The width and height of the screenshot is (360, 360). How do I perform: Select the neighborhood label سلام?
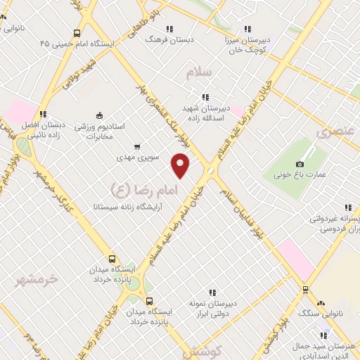[x=200, y=72]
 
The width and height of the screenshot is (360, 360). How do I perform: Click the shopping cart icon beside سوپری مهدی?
[x=136, y=148]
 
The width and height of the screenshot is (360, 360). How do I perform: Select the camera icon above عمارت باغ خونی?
[x=300, y=164]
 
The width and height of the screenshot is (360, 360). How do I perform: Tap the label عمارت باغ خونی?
[x=300, y=174]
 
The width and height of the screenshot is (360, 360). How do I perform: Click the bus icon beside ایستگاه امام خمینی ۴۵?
[x=76, y=32]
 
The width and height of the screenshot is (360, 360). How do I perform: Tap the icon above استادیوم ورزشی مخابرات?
[x=99, y=116]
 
